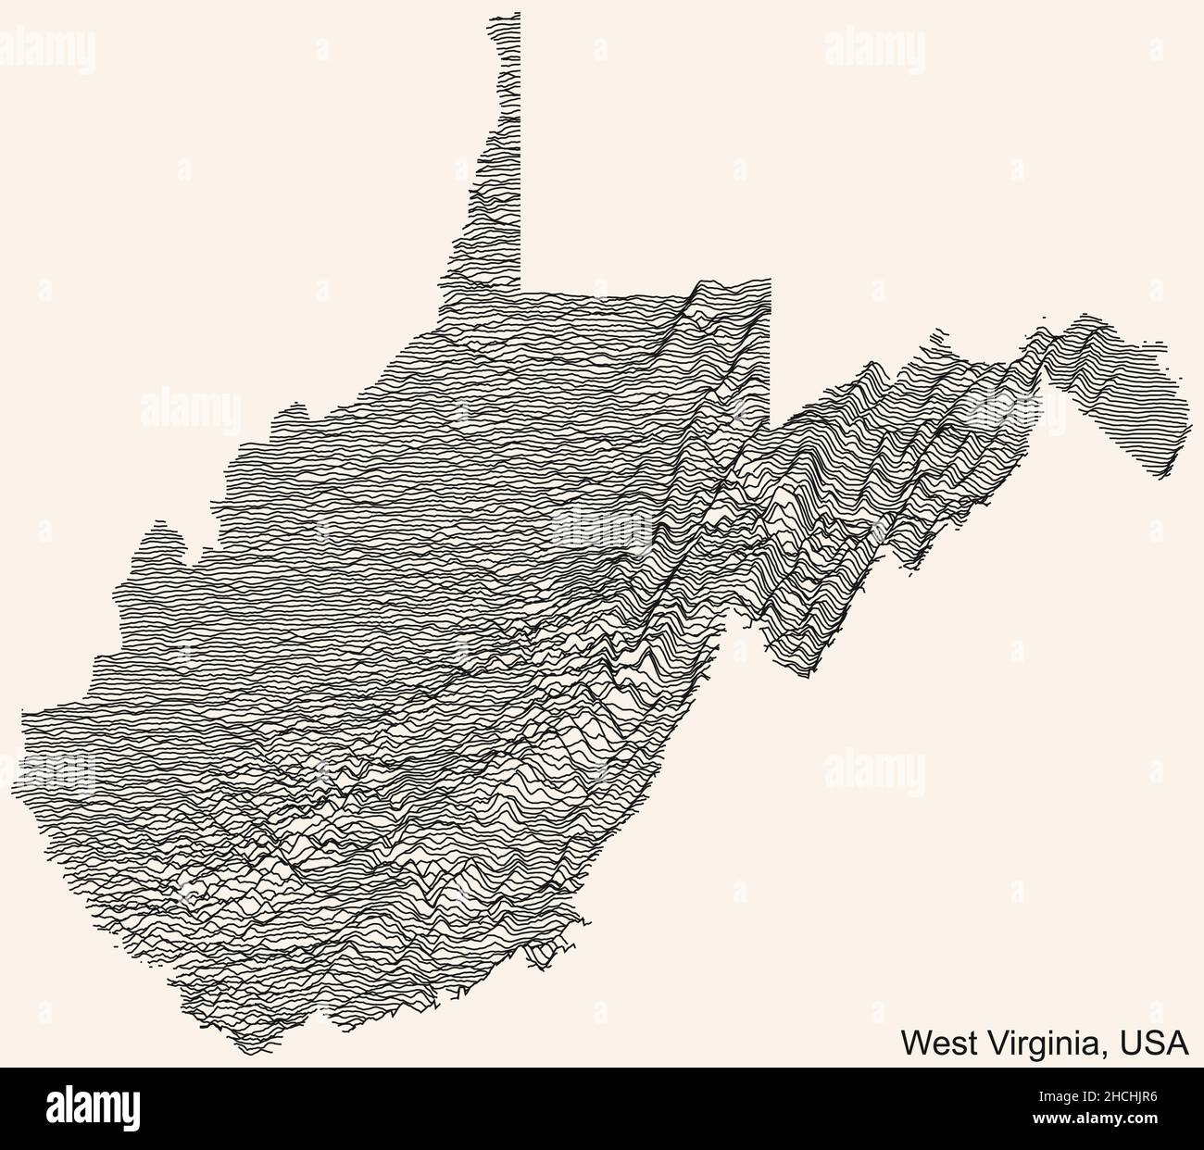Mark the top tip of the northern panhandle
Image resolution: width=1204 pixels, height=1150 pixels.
pos(505,16)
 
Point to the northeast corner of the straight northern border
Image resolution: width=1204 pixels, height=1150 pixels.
pos(769,280)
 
